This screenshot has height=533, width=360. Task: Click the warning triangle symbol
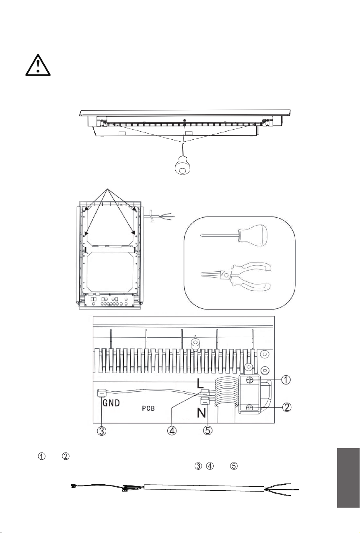click(x=38, y=65)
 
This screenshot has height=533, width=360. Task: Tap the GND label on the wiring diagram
click(x=111, y=403)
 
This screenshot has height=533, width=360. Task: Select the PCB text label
click(x=148, y=408)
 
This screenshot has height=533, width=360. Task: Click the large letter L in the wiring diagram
click(x=200, y=383)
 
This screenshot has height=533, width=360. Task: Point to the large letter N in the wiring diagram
click(x=202, y=413)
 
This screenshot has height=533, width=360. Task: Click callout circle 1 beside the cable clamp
click(x=286, y=380)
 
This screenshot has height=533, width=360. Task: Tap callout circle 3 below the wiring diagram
click(x=101, y=431)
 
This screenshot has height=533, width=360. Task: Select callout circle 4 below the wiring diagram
click(x=172, y=430)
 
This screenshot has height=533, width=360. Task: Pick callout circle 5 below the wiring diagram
click(x=208, y=430)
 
